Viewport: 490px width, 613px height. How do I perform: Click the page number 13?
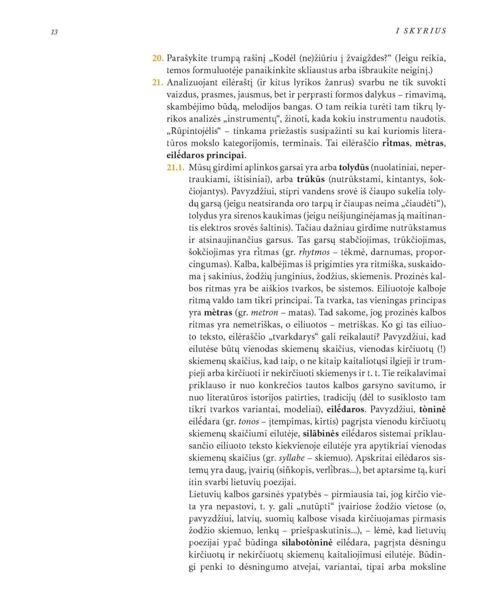tap(54, 32)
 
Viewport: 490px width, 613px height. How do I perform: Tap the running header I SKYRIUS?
tap(421, 31)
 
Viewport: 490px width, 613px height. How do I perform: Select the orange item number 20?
tap(157, 58)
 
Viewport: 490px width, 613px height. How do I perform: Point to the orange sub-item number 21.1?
tap(176, 167)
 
